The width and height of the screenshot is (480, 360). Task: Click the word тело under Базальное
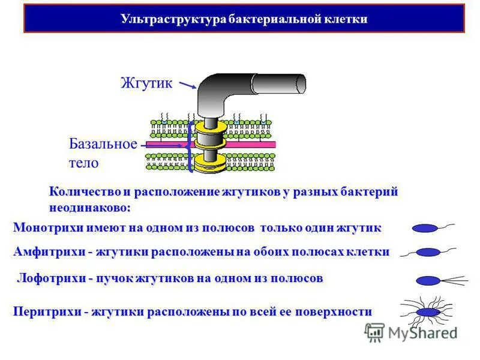[x=83, y=163]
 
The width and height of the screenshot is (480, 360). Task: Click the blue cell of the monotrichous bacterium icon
[x=425, y=228]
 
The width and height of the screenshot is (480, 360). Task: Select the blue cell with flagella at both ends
[x=428, y=252]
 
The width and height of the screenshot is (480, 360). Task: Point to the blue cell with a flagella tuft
[x=428, y=280]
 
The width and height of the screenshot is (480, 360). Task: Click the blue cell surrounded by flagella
[x=428, y=313]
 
